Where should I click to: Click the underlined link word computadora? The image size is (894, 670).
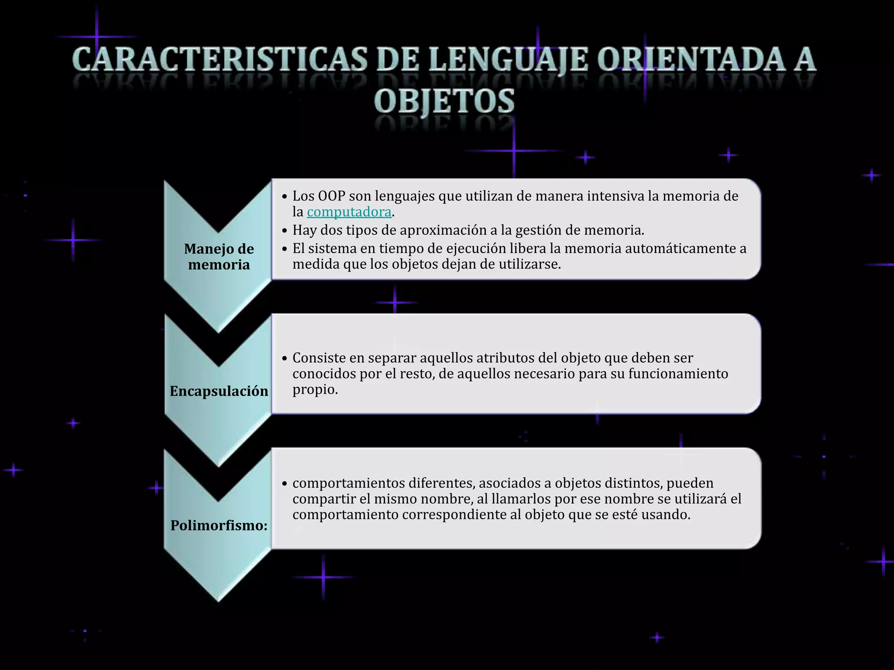pos(349,212)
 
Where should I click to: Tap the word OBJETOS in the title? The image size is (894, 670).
pos(444,101)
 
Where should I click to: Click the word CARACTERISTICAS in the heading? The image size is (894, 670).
pos(220,60)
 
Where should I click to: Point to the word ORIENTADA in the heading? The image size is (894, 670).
pos(685,60)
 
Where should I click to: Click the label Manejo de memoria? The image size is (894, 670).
pos(219,256)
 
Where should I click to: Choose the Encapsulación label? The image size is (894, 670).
pos(219,391)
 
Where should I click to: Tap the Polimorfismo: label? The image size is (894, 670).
pos(219,525)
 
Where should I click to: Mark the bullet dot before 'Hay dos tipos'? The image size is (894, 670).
pos(285,231)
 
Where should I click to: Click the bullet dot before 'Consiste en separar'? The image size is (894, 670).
pos(285,359)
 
